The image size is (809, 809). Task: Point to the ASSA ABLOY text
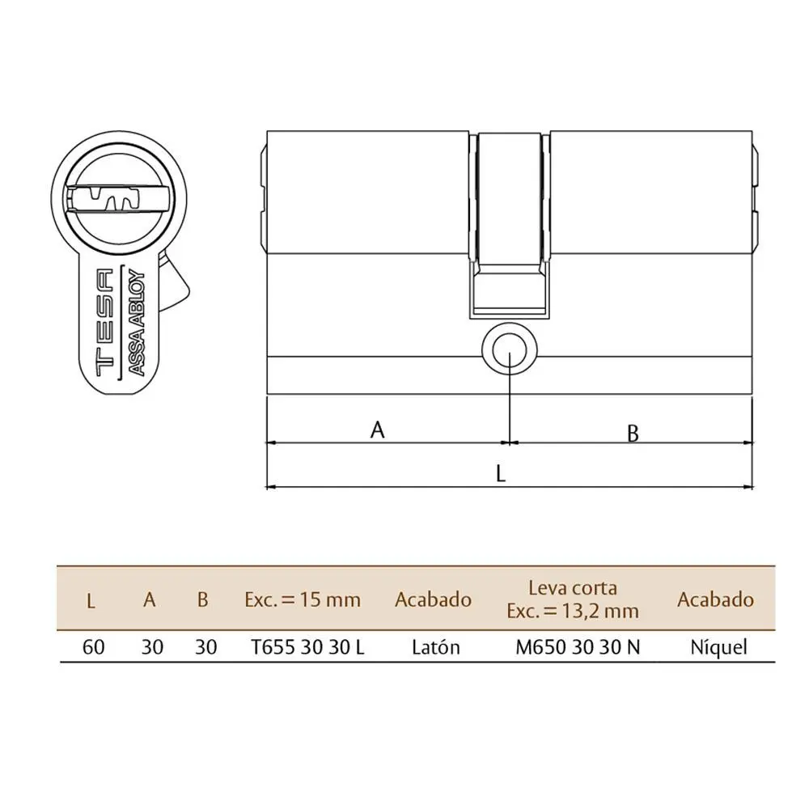click(136, 321)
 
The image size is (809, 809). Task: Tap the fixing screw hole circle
click(509, 349)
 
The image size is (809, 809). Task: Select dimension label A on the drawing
click(377, 430)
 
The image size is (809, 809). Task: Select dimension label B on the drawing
click(633, 434)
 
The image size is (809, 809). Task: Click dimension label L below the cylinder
click(500, 473)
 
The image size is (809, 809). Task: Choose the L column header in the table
click(91, 600)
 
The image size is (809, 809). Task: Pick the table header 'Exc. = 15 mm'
click(303, 599)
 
